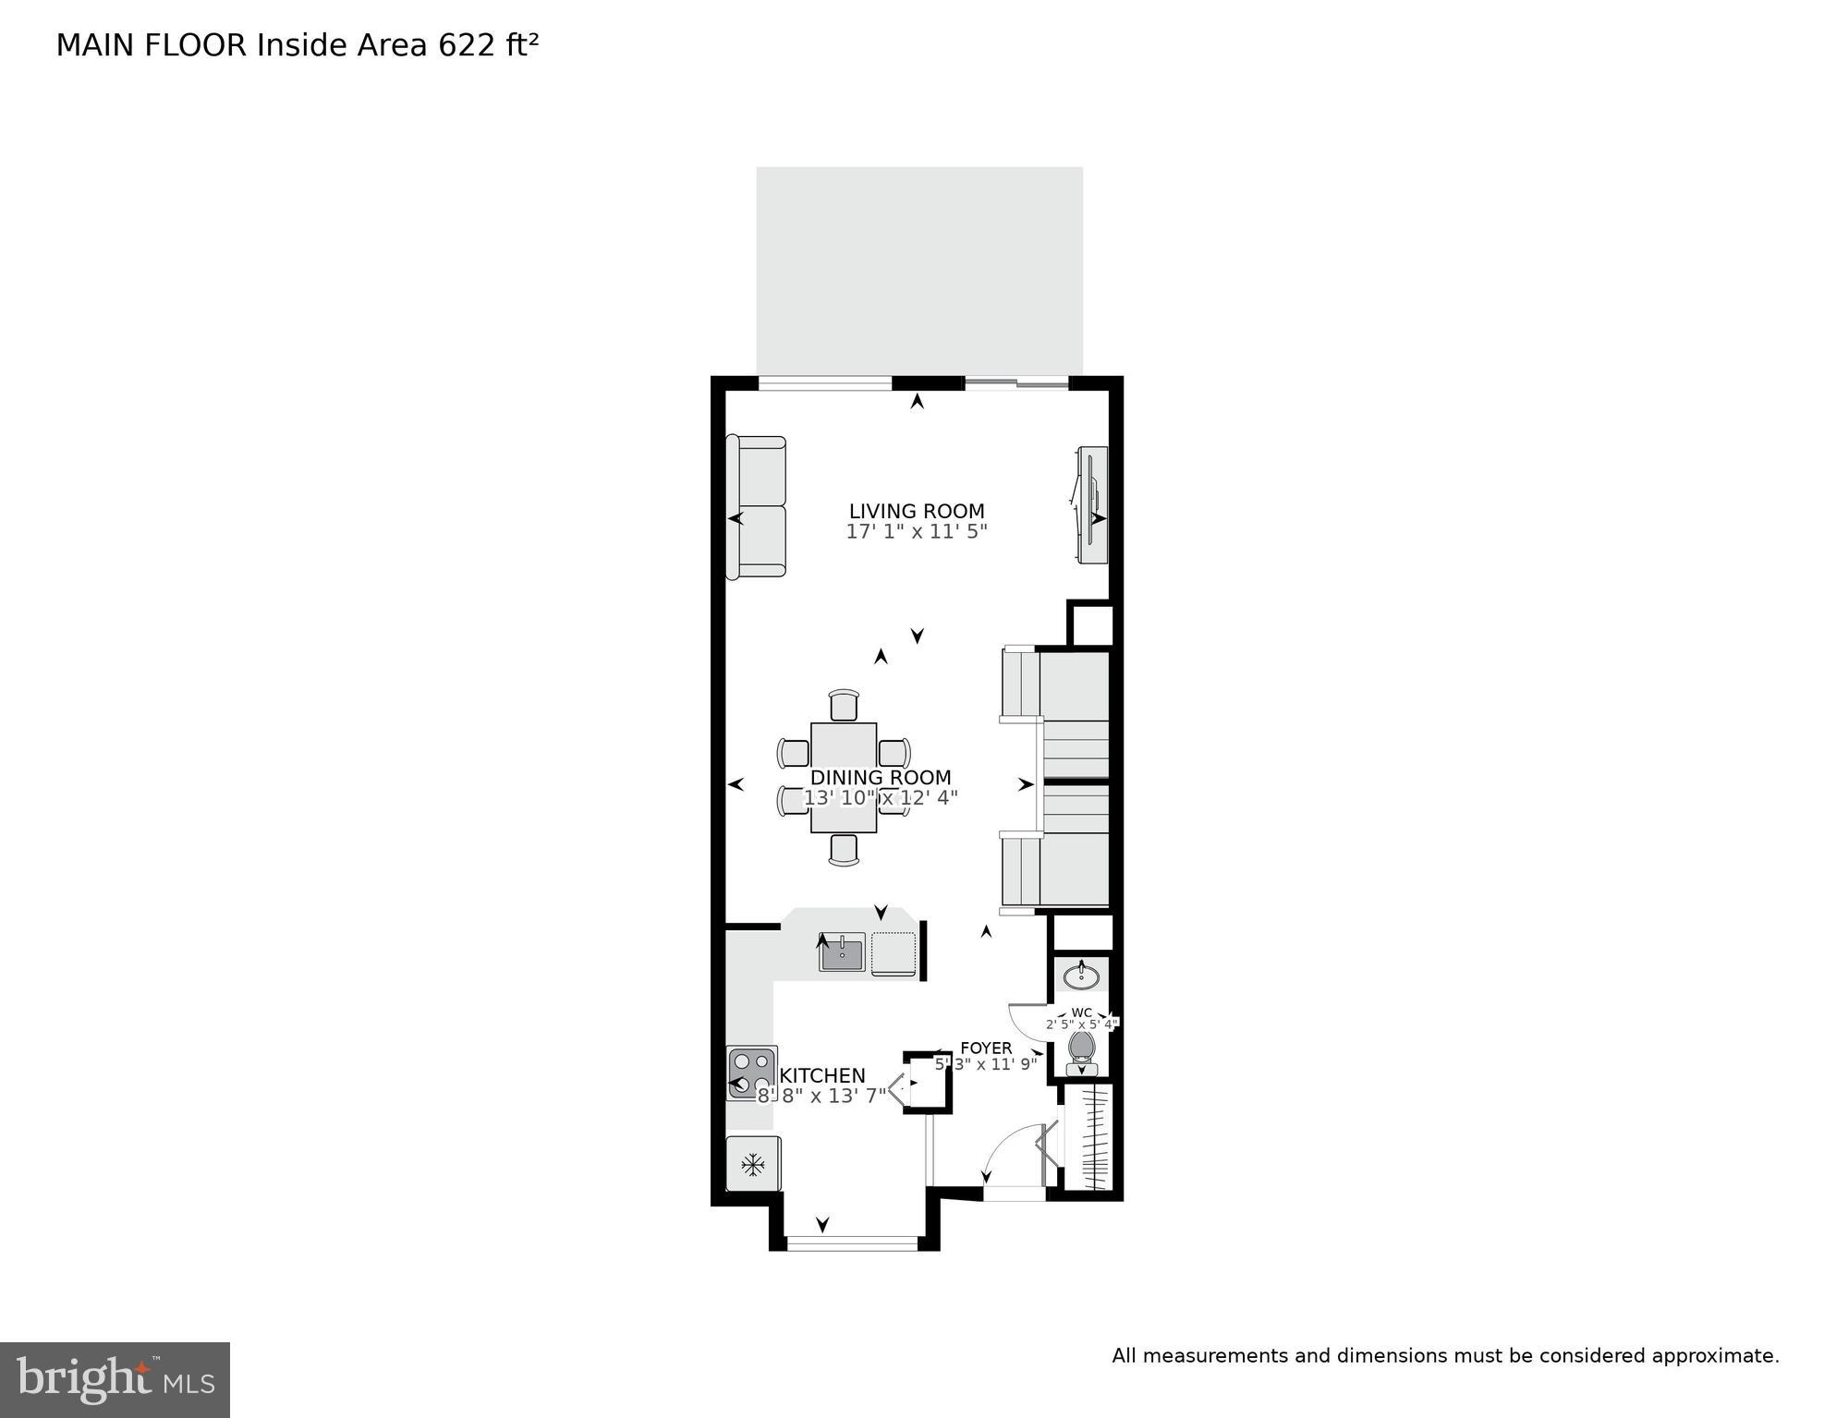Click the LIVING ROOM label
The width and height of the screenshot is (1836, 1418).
pos(917,511)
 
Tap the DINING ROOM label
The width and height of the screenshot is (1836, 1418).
pos(880,778)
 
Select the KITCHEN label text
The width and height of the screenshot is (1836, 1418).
pos(822,1076)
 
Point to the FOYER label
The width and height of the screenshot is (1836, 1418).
pos(986,1048)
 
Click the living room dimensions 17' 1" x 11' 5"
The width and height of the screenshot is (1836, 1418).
pos(917,532)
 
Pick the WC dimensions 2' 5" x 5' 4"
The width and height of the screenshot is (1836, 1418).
pos(1082,1024)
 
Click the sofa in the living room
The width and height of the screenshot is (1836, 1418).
pos(757,507)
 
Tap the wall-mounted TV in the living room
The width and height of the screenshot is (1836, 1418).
pos(1092,504)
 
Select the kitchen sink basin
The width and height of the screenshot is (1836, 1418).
pos(841,952)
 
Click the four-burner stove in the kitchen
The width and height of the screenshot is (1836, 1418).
pos(751,1073)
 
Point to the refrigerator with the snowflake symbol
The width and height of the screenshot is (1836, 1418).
pos(753,1164)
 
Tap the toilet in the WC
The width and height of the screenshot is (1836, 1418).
pos(1081,1050)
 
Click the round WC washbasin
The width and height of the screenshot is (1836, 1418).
pos(1081,976)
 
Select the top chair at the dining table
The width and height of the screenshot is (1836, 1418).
pos(844,705)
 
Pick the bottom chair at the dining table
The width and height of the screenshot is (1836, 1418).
pos(844,849)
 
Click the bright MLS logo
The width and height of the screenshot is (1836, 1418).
pos(115,1379)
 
